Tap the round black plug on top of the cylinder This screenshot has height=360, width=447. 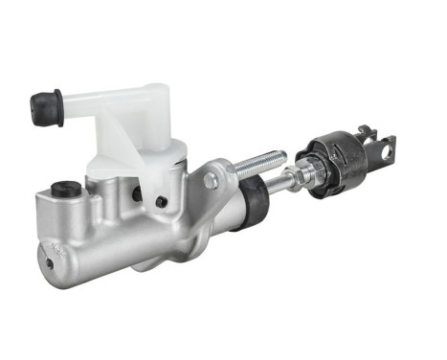[66, 188]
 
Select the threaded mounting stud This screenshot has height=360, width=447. [261, 164]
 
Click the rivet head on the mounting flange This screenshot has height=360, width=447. [211, 180]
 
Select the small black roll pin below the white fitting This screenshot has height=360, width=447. [161, 201]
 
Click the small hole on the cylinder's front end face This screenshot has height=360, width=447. [44, 253]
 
